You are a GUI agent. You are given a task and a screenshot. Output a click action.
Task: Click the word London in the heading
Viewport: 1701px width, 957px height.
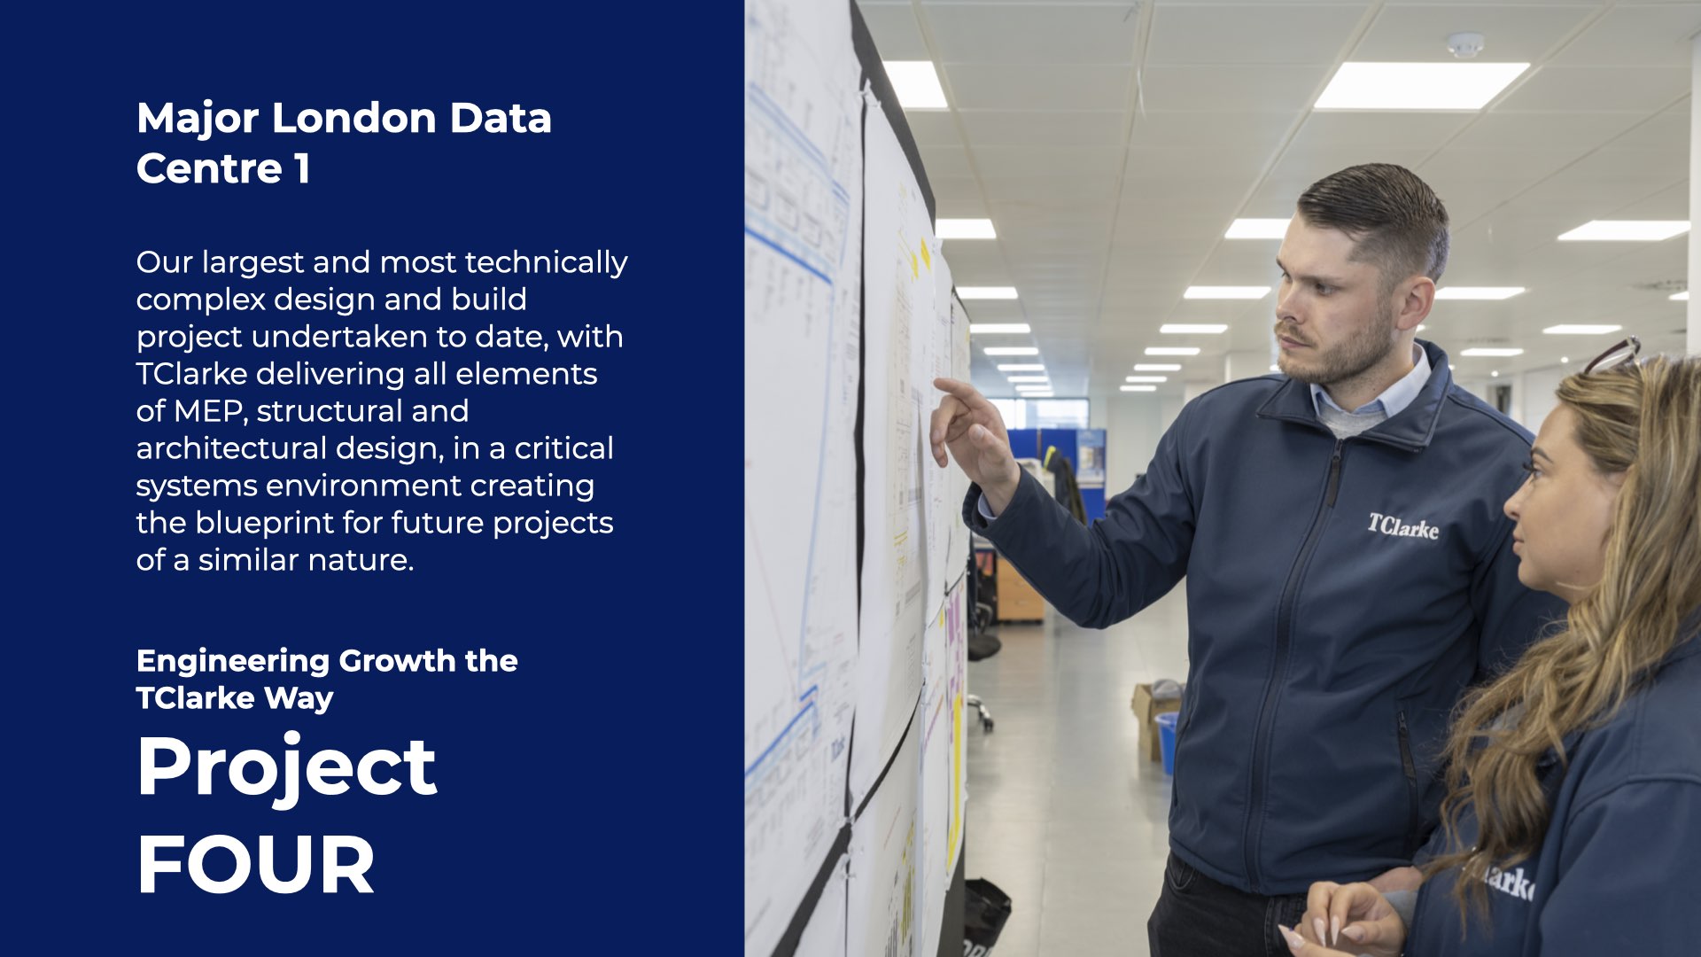(354, 118)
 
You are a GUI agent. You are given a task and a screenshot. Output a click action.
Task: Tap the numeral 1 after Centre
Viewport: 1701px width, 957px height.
(303, 168)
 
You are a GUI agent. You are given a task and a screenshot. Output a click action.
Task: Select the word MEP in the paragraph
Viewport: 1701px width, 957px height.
(206, 411)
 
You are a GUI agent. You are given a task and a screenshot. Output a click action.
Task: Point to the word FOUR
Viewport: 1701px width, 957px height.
(256, 865)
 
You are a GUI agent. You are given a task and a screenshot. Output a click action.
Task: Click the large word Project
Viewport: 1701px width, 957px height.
(287, 768)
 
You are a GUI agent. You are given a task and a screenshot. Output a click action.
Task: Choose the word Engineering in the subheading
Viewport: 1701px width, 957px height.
(233, 663)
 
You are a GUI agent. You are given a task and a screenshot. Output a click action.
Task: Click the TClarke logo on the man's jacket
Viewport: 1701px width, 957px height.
(1402, 526)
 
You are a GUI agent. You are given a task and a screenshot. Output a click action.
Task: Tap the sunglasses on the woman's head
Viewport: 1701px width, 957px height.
(1612, 354)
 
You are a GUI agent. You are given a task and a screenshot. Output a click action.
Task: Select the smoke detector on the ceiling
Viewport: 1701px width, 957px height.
(1465, 45)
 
